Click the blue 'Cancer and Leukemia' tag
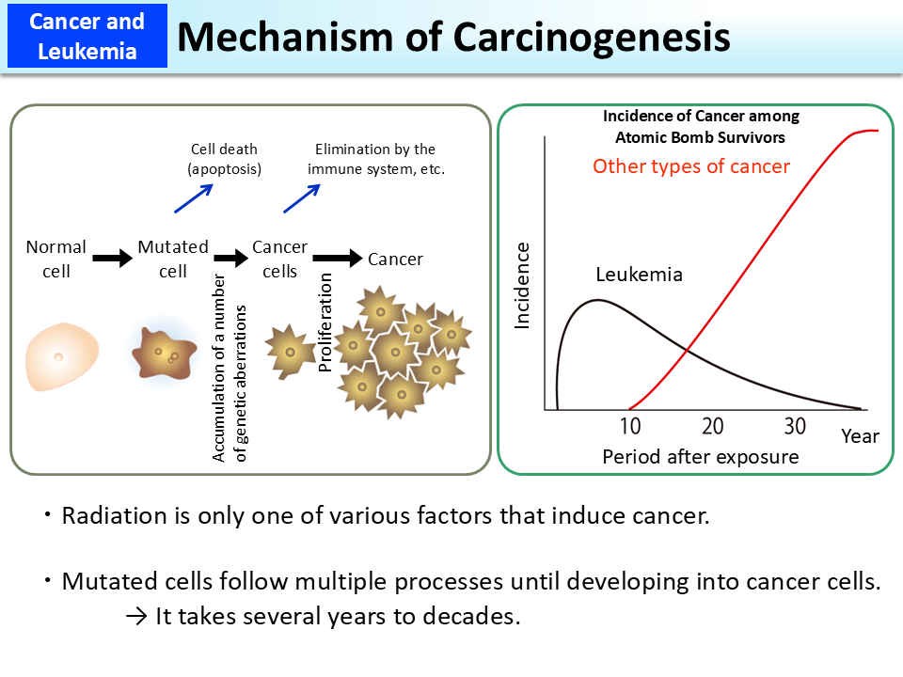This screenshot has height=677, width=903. [87, 36]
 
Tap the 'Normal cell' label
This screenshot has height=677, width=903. [56, 259]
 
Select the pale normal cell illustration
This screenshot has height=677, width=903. [58, 358]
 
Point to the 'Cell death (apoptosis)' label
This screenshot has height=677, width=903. [224, 159]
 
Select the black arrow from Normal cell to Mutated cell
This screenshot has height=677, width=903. [113, 259]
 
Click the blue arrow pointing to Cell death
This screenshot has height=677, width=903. [193, 198]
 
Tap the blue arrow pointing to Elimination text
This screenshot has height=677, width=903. [302, 198]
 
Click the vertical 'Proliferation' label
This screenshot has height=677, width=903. [325, 323]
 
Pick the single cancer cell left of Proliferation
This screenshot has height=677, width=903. [287, 351]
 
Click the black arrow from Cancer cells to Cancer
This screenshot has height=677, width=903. [337, 258]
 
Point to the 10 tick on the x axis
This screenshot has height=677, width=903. [630, 426]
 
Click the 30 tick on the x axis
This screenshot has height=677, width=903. [795, 426]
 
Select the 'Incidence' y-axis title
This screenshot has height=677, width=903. [523, 285]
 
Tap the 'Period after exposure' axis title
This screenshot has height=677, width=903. [700, 457]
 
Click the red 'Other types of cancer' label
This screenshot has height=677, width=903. [690, 166]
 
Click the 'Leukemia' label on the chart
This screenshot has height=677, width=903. [639, 276]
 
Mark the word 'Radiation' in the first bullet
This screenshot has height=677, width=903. [105, 516]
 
